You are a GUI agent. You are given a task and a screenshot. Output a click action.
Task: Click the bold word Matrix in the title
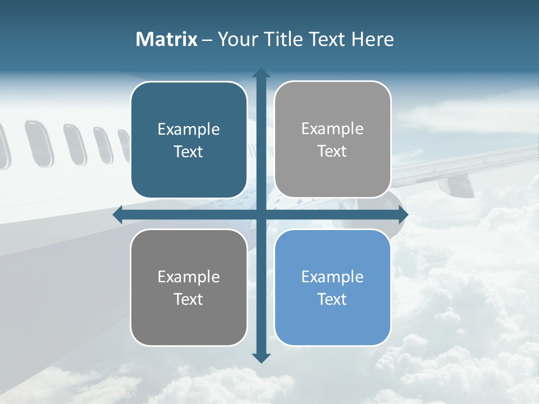(166, 39)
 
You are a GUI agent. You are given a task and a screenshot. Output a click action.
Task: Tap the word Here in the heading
(372, 39)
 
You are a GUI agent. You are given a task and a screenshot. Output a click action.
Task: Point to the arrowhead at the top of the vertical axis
(261, 73)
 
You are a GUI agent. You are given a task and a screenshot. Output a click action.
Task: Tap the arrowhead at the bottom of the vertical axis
(261, 358)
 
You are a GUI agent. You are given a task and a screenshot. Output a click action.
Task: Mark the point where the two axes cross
(261, 215)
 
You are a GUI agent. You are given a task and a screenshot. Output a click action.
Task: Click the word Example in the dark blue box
(189, 130)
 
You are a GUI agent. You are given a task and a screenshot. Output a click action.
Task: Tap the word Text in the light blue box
(332, 299)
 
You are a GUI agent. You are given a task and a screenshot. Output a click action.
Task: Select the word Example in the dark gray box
(189, 277)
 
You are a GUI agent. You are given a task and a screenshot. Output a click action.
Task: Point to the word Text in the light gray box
(332, 151)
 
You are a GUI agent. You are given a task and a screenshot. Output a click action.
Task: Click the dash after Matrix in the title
(207, 40)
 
